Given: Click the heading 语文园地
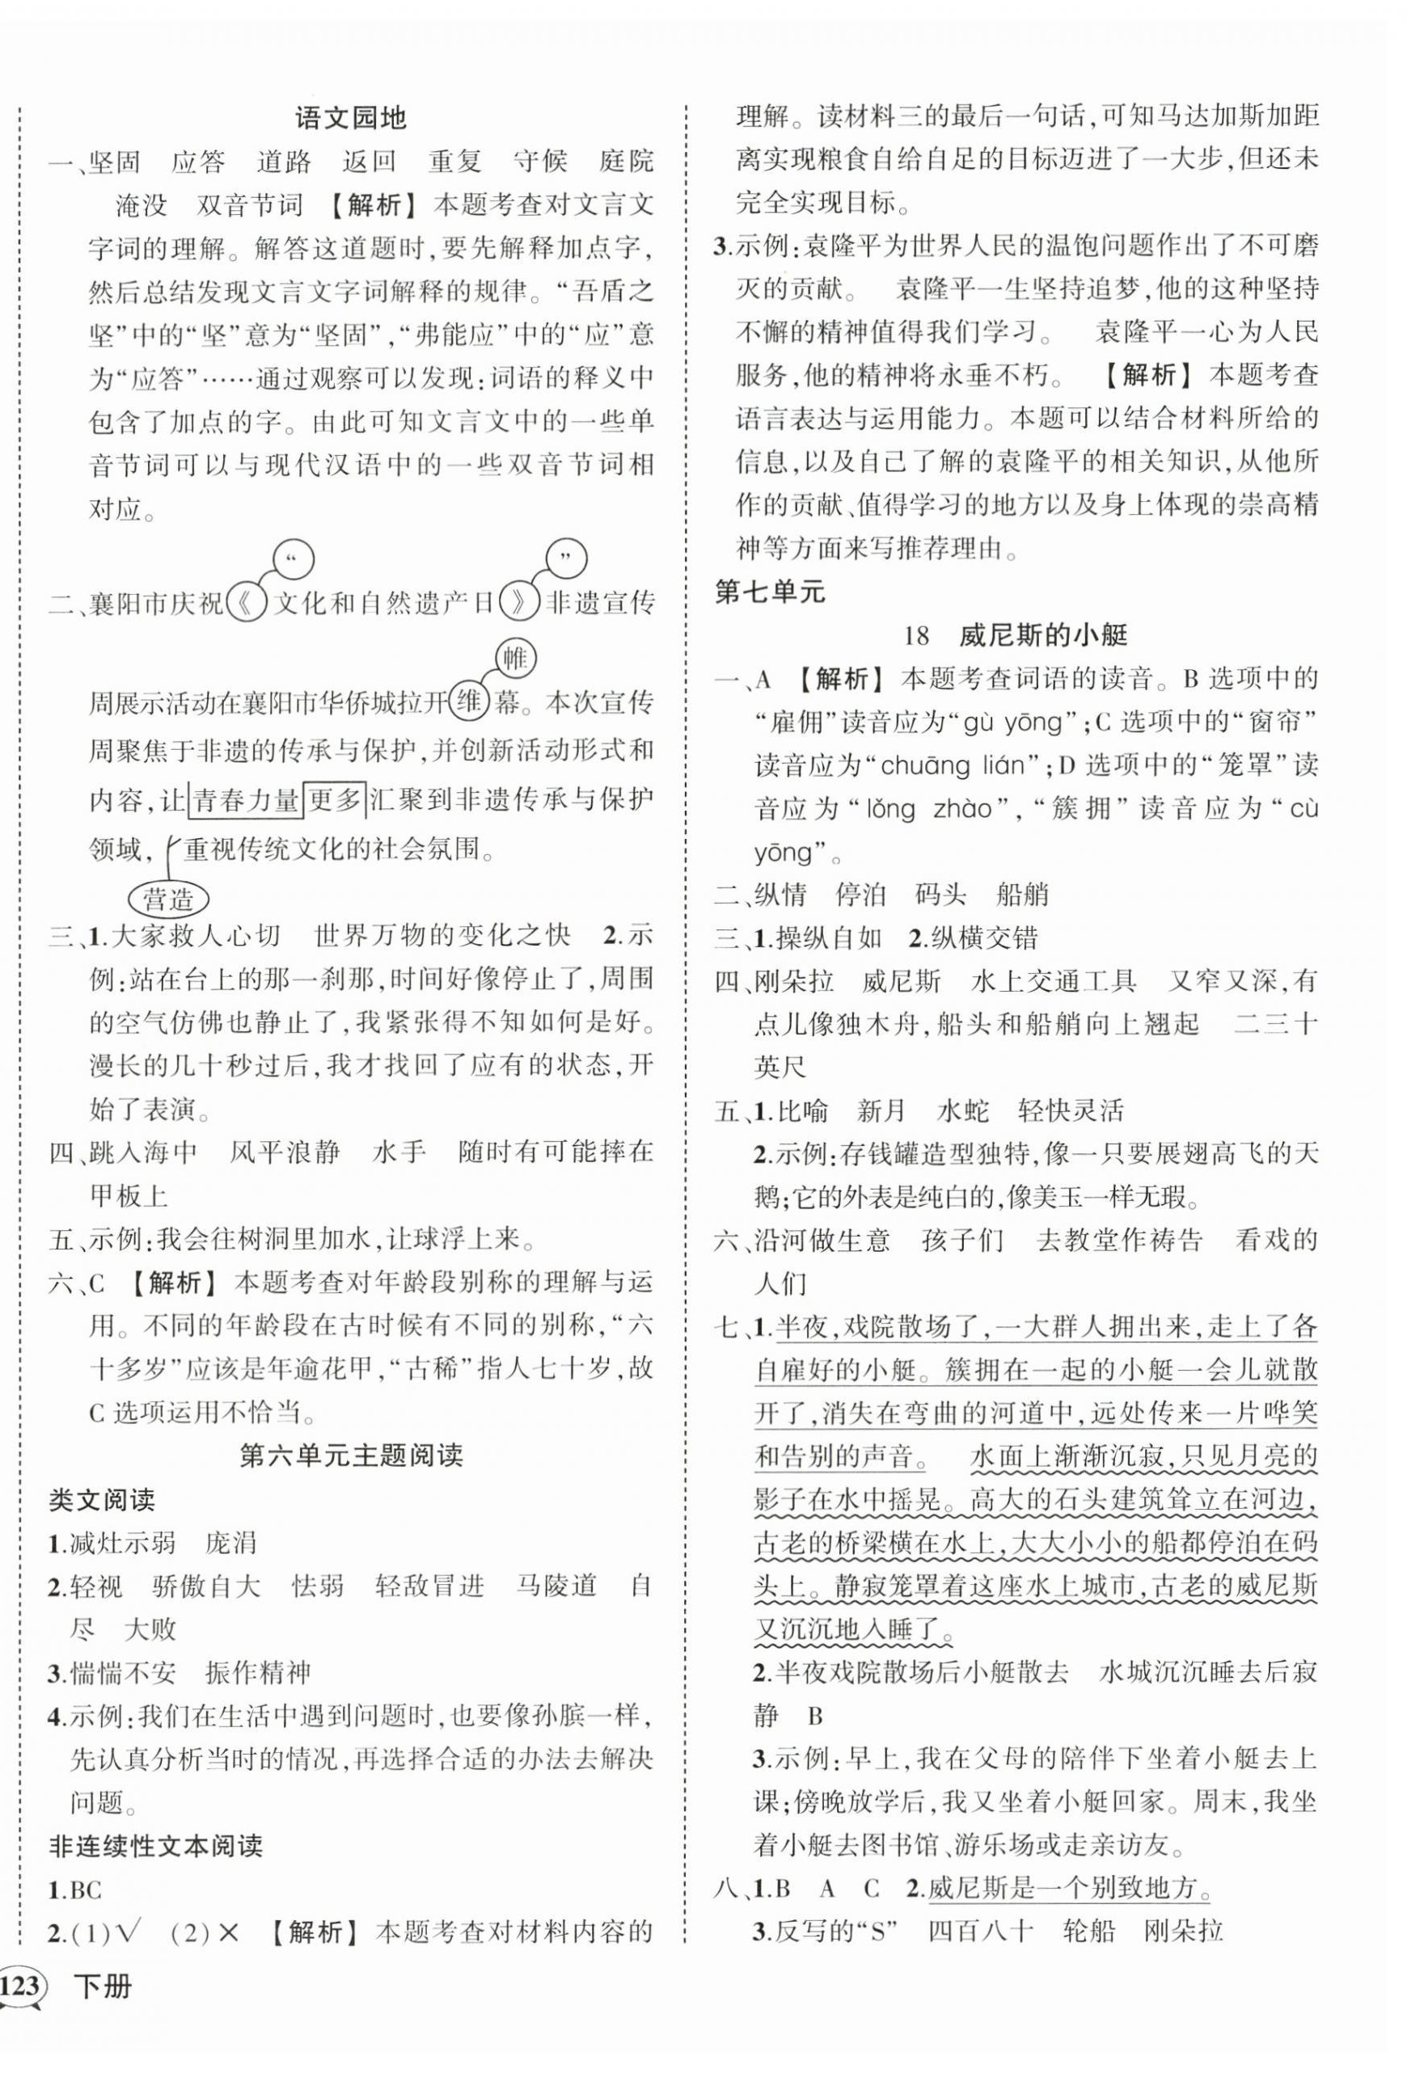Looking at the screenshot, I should point(350,118).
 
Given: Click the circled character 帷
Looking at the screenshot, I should point(515,659).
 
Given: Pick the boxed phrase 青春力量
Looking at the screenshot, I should point(247,800).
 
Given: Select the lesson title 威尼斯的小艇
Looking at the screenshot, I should point(1043,635).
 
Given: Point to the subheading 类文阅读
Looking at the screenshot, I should point(102,1499).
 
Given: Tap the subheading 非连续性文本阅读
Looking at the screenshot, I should point(155,1846).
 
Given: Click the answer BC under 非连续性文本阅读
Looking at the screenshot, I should point(87,1890).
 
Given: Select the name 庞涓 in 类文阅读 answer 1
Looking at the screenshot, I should point(231,1542).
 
